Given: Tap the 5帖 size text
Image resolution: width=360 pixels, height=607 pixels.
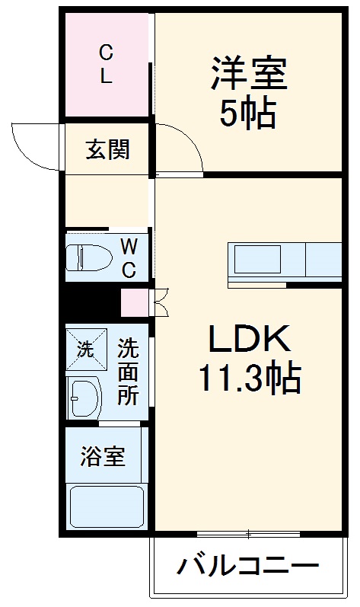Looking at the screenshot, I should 249,113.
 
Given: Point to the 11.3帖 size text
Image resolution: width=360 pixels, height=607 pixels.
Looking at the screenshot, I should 249,379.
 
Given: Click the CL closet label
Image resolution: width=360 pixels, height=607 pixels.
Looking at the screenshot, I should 107,64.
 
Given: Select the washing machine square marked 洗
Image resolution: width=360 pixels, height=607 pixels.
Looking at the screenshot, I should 84,349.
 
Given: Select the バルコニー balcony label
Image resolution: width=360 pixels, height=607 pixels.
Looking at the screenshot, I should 248,567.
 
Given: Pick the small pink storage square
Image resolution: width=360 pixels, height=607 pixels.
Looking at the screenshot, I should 132,302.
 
